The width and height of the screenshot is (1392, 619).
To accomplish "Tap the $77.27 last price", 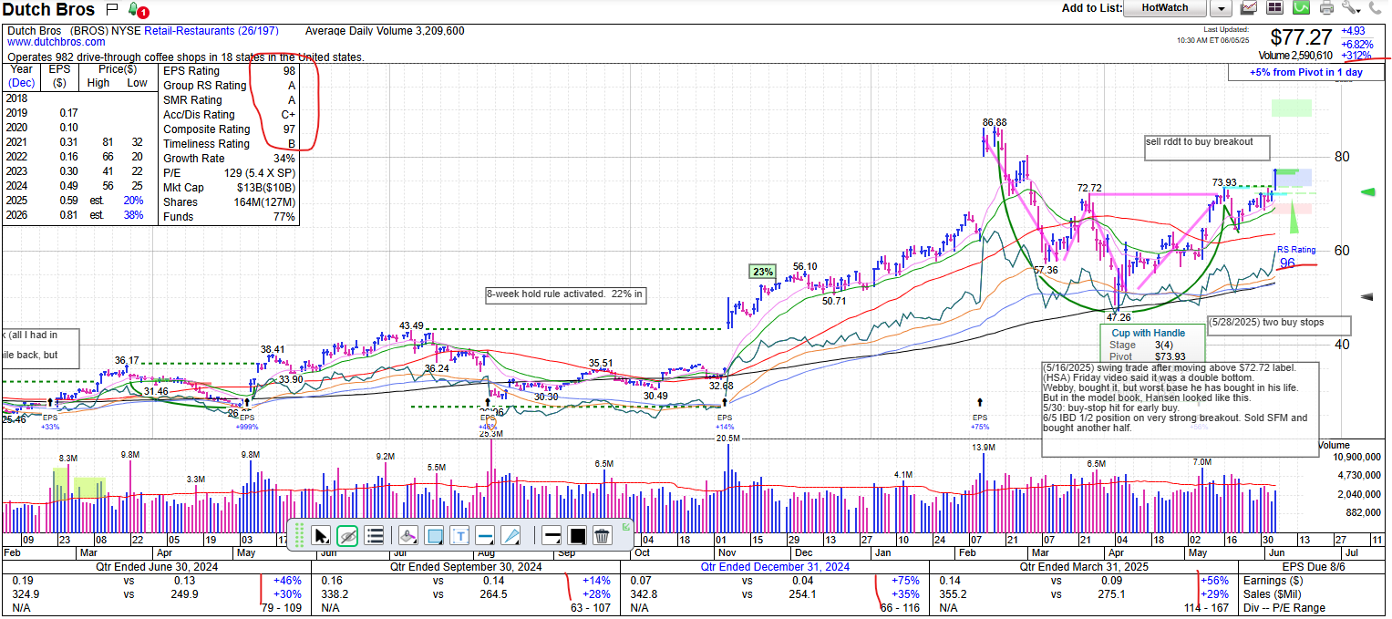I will point(1301,37).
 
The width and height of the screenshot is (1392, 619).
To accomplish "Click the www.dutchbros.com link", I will point(57,42).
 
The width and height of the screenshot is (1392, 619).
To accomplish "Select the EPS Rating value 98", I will point(290,71).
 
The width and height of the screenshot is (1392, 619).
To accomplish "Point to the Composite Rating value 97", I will point(290,129).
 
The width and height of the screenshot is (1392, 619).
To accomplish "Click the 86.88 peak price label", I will point(995,122).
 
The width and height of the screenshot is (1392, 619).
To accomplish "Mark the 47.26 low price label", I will point(1119,317).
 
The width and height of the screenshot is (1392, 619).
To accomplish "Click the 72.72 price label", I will point(1089,188).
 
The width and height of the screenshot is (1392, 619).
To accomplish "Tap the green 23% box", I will point(762,271).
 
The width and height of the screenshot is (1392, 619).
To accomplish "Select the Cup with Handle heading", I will point(1148,333).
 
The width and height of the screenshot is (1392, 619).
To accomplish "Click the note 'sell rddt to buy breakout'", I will point(1200,142).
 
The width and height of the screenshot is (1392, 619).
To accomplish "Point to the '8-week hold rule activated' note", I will point(565,294).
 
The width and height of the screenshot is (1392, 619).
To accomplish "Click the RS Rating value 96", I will point(1287,263).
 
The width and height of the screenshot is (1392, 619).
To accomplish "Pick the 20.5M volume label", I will point(727,438).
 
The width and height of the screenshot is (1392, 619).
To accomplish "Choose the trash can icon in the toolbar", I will point(601,535).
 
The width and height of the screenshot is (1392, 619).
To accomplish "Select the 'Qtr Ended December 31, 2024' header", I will point(775,566).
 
